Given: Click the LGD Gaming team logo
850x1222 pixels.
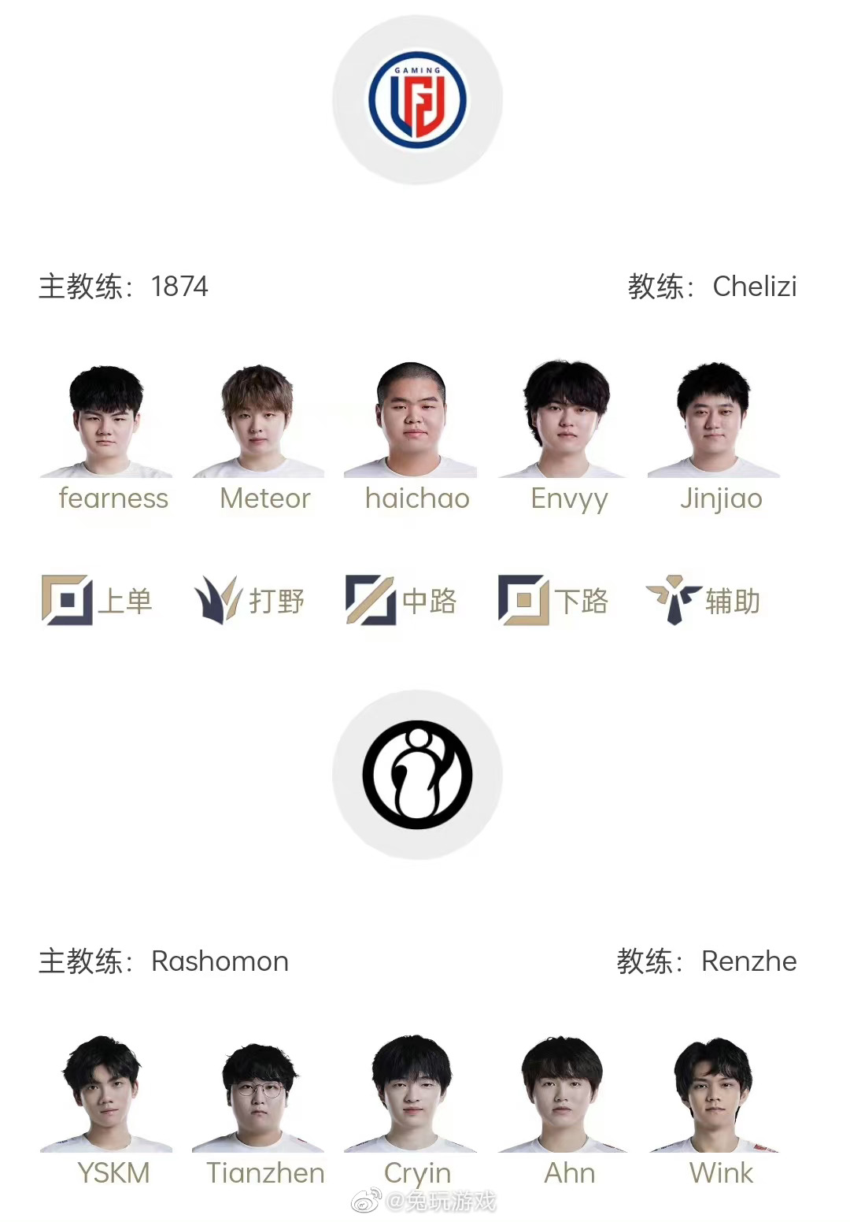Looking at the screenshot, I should coord(417,100).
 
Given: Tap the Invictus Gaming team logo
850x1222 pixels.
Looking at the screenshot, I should coord(417,775).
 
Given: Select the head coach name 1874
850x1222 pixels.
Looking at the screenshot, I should coord(179,287).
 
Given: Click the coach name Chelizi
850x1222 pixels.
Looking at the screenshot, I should coord(754,287).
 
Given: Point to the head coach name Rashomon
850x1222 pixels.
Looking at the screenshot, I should coord(220,961).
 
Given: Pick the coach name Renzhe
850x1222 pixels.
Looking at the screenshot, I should coord(748,961).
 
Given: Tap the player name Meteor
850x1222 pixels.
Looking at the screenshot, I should coord(265,498).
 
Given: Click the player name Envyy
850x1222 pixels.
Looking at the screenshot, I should coord(569,499).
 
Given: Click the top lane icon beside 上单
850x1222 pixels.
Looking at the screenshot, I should coord(66,601).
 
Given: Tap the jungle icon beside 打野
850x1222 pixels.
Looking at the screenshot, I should coord(216,601).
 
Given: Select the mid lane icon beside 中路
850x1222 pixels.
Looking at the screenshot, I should coord(370,601).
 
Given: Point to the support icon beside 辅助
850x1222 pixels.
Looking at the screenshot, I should coord(673,600).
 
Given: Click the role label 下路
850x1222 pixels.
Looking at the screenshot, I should coord(582,602).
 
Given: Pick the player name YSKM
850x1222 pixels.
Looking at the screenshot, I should coord(113,1173).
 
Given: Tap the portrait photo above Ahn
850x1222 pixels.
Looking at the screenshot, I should coord(562,1094).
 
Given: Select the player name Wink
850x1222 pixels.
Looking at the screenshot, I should coord(721,1173).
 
